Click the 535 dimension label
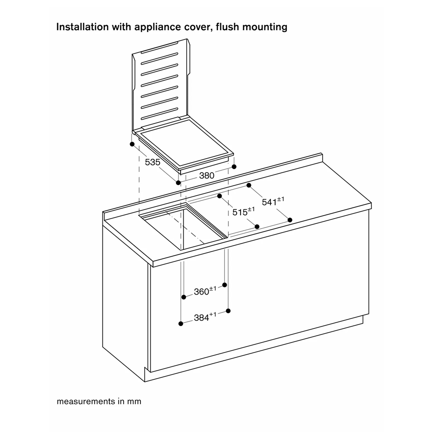pyautogui.click(x=153, y=162)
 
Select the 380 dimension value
pyautogui.click(x=207, y=176)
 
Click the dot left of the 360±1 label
pyautogui.click(x=184, y=297)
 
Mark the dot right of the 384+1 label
pyautogui.click(x=229, y=311)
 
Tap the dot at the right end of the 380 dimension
pyautogui.click(x=234, y=166)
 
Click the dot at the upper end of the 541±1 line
pyautogui.click(x=249, y=185)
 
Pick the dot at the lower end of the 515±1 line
pyautogui.click(x=257, y=226)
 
